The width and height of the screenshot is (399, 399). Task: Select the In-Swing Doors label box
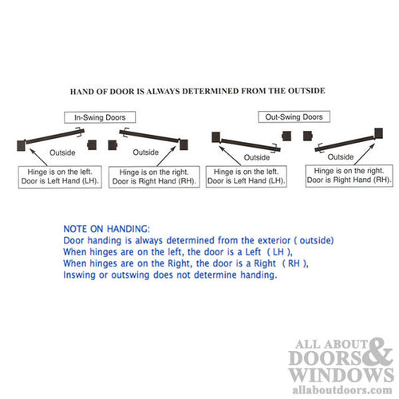[101, 117]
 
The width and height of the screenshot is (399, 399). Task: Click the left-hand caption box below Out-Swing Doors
[246, 176]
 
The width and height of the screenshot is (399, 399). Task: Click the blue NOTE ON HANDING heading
[104, 228]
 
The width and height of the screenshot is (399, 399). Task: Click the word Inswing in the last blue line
[80, 275]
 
